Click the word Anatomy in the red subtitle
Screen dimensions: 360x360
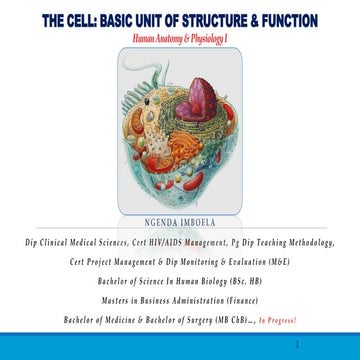tap(169, 39)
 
